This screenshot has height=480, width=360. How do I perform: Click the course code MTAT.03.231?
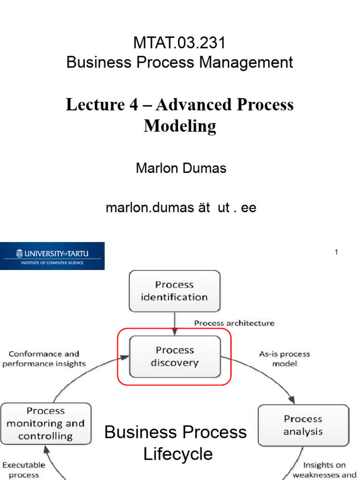pyautogui.click(x=180, y=43)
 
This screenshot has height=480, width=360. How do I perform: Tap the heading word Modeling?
pyautogui.click(x=180, y=126)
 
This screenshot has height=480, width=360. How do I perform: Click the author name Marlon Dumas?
pyautogui.click(x=181, y=168)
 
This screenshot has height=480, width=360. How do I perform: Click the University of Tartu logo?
pyautogui.click(x=52, y=256)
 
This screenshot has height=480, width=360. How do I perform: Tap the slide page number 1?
pyautogui.click(x=336, y=252)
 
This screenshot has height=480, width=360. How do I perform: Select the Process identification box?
pyautogui.click(x=174, y=291)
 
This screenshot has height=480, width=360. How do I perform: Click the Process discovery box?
pyautogui.click(x=174, y=356)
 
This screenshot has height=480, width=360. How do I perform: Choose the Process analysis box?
pyautogui.click(x=303, y=425)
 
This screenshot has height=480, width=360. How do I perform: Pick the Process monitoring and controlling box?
pyautogui.click(x=45, y=423)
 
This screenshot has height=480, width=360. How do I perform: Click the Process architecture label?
pyautogui.click(x=234, y=323)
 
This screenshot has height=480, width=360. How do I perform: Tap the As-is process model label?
pyautogui.click(x=285, y=359)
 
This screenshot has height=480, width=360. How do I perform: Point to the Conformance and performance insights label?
pyautogui.click(x=44, y=359)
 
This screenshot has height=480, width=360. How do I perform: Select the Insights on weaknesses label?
pyautogui.click(x=324, y=470)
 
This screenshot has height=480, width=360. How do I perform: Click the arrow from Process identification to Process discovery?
pyautogui.click(x=174, y=323)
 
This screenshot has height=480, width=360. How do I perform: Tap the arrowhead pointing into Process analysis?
pyautogui.click(x=292, y=400)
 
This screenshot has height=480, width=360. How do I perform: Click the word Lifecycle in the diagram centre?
pyautogui.click(x=178, y=454)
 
